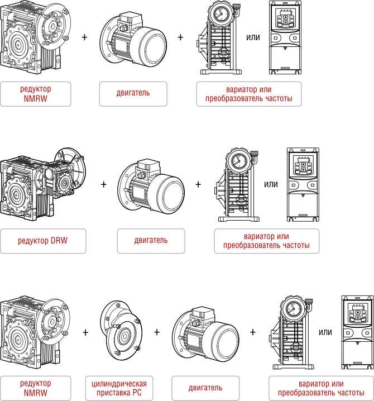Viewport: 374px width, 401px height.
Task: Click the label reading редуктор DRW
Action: (x=43, y=241)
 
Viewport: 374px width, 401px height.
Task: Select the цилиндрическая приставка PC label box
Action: (x=119, y=388)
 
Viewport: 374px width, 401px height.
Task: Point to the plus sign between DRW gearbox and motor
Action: (x=104, y=184)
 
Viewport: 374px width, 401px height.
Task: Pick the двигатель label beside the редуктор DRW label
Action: (x=151, y=241)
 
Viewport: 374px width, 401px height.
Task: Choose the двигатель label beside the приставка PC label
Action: (x=205, y=388)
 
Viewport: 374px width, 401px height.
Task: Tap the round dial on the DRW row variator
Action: (x=238, y=161)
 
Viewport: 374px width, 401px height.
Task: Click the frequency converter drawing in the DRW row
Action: (x=301, y=184)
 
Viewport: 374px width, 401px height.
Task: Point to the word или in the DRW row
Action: (x=271, y=184)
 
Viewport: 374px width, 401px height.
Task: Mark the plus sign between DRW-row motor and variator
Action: (x=199, y=184)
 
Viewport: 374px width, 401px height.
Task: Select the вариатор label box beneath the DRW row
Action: (x=267, y=241)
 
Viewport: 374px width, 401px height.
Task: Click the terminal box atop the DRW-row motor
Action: (x=148, y=165)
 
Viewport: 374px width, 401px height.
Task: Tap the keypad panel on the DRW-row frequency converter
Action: (x=301, y=165)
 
